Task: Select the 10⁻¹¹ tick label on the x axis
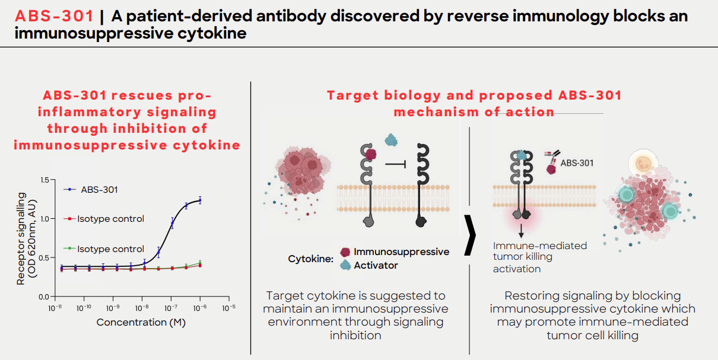point(55,308)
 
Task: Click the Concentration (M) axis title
point(140,322)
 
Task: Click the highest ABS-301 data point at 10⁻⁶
point(200,200)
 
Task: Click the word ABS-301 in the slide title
point(55,16)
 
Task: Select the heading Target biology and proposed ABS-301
point(474,96)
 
